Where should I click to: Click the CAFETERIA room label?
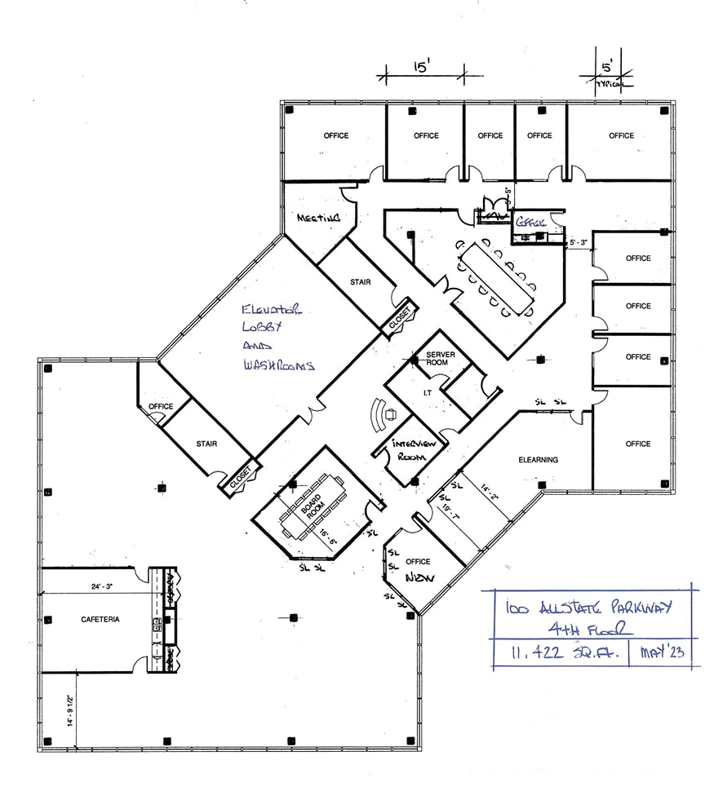100,620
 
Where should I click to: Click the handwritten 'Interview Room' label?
416,450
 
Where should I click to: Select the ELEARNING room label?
539,460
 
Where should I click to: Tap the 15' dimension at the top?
420,69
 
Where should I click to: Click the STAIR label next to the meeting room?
360,282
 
